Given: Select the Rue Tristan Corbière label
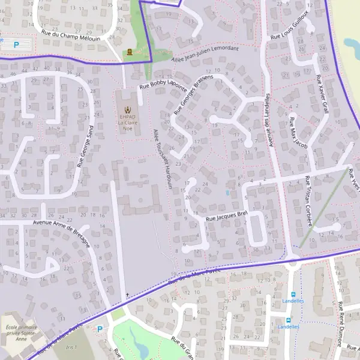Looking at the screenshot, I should coord(308,200).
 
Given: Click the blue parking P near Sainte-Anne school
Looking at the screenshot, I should coord(100,328).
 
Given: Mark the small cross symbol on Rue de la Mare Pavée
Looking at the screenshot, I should coord(127,295).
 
